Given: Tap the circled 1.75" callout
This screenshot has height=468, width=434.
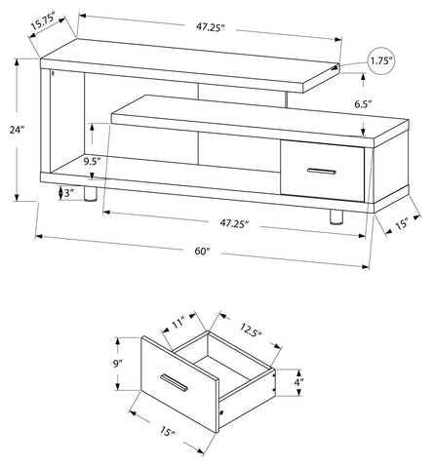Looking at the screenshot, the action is (x=381, y=61).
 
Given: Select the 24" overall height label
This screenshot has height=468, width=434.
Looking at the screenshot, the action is (x=17, y=130).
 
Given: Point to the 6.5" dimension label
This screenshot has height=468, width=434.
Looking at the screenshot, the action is (x=363, y=104).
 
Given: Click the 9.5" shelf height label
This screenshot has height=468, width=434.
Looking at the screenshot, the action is (x=92, y=161).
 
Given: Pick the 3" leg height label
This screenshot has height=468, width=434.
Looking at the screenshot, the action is (x=67, y=193).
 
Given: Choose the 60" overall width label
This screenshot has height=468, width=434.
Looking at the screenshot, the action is (x=203, y=252).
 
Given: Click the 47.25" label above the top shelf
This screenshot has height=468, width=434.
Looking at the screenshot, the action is (x=211, y=27).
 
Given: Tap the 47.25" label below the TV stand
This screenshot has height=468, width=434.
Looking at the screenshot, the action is (x=234, y=223).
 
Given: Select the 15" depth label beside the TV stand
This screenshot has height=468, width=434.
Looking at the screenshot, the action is (x=402, y=224).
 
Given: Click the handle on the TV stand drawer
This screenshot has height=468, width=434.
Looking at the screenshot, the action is (x=322, y=172).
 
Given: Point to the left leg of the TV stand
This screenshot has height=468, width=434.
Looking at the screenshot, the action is (x=90, y=194).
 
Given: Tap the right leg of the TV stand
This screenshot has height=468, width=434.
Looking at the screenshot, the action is (x=336, y=216).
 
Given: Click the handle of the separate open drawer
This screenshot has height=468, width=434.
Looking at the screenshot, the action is (x=175, y=382).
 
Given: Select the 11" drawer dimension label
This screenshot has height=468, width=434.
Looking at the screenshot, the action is (x=178, y=324).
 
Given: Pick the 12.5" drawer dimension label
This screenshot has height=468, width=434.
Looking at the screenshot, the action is (x=251, y=330).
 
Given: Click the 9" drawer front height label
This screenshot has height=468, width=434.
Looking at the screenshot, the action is (x=117, y=364).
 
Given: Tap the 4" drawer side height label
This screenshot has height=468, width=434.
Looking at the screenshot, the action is (x=298, y=382).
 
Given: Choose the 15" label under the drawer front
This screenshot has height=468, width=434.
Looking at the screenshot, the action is (x=167, y=431).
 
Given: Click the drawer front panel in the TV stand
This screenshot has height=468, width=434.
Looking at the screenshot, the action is (x=322, y=171).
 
